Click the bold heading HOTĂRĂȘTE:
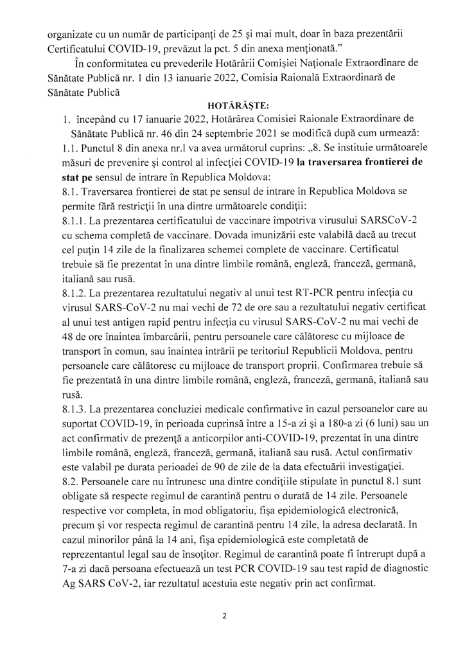[232, 103]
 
